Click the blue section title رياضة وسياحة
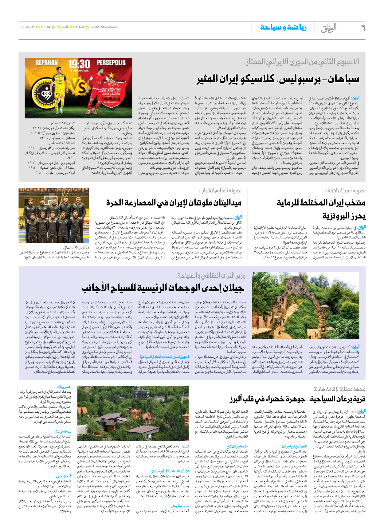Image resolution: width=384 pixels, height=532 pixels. point(283,28)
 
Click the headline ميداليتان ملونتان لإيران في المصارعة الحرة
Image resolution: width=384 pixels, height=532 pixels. point(174,202)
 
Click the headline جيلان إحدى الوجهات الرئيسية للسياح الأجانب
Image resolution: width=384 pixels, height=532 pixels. point(163,288)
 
